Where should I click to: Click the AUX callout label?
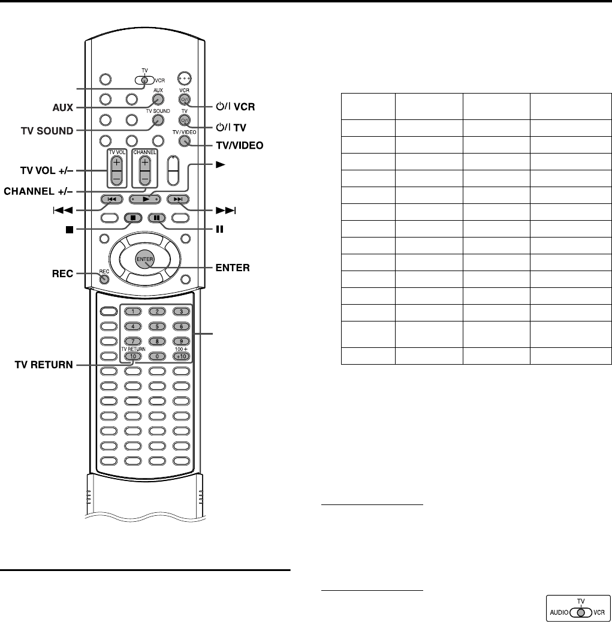pos(61,109)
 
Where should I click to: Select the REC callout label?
pos(61,274)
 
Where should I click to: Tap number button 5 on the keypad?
pos(156,326)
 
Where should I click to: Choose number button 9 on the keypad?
pos(180,341)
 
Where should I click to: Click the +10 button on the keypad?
pos(180,356)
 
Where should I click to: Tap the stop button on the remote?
pos(132,218)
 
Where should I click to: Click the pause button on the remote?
pos(156,218)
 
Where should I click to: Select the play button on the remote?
pos(144,199)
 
